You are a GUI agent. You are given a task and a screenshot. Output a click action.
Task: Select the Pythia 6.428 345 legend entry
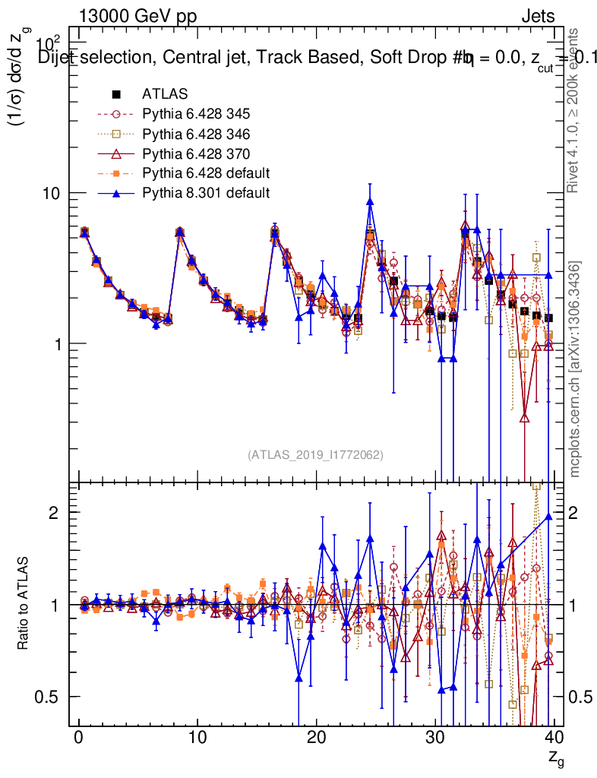[196, 114]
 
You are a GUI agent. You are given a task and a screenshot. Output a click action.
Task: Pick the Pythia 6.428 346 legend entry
[196, 134]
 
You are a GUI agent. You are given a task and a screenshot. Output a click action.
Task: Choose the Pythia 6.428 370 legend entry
[196, 153]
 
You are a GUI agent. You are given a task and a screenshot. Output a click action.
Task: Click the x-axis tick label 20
[316, 738]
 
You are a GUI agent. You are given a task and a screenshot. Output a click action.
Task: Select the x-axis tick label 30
[434, 738]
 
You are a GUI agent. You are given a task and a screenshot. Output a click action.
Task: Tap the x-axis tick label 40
[554, 738]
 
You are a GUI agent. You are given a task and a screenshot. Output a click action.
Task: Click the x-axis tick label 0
[78, 738]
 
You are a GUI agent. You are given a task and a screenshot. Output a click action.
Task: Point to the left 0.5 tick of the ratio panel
[52, 697]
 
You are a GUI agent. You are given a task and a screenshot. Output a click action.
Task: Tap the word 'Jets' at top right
[537, 17]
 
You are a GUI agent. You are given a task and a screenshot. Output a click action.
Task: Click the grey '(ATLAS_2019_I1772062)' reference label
[314, 455]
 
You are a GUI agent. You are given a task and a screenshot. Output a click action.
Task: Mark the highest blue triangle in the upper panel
[370, 201]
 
